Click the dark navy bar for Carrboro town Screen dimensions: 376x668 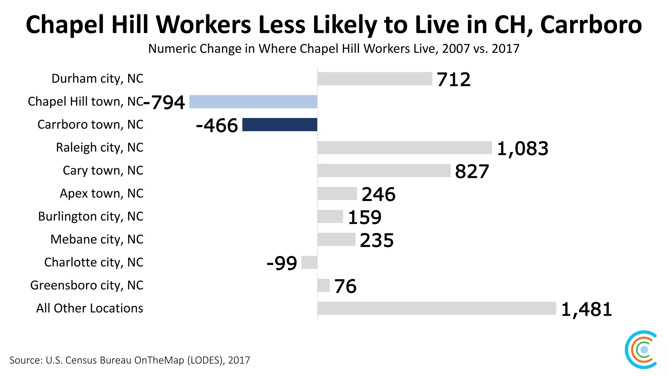[x=280, y=125]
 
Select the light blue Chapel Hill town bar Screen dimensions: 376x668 [x=253, y=102]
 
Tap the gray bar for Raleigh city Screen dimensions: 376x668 [x=404, y=148]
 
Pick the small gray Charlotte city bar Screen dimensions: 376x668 [x=309, y=262]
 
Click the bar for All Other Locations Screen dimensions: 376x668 [x=436, y=308]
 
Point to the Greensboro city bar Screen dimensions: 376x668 [x=323, y=286]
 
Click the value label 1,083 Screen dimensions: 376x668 [x=523, y=149]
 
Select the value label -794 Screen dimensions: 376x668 [x=164, y=102]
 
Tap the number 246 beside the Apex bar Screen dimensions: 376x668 [x=378, y=194]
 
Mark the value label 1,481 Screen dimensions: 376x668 [x=586, y=309]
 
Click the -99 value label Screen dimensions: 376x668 [x=282, y=263]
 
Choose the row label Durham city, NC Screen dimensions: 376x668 [x=97, y=79]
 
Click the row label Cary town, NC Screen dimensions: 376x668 [x=103, y=170]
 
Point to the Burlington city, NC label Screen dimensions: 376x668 [x=90, y=216]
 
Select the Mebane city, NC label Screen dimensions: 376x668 [x=97, y=239]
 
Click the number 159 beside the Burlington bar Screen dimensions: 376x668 [x=364, y=217]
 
